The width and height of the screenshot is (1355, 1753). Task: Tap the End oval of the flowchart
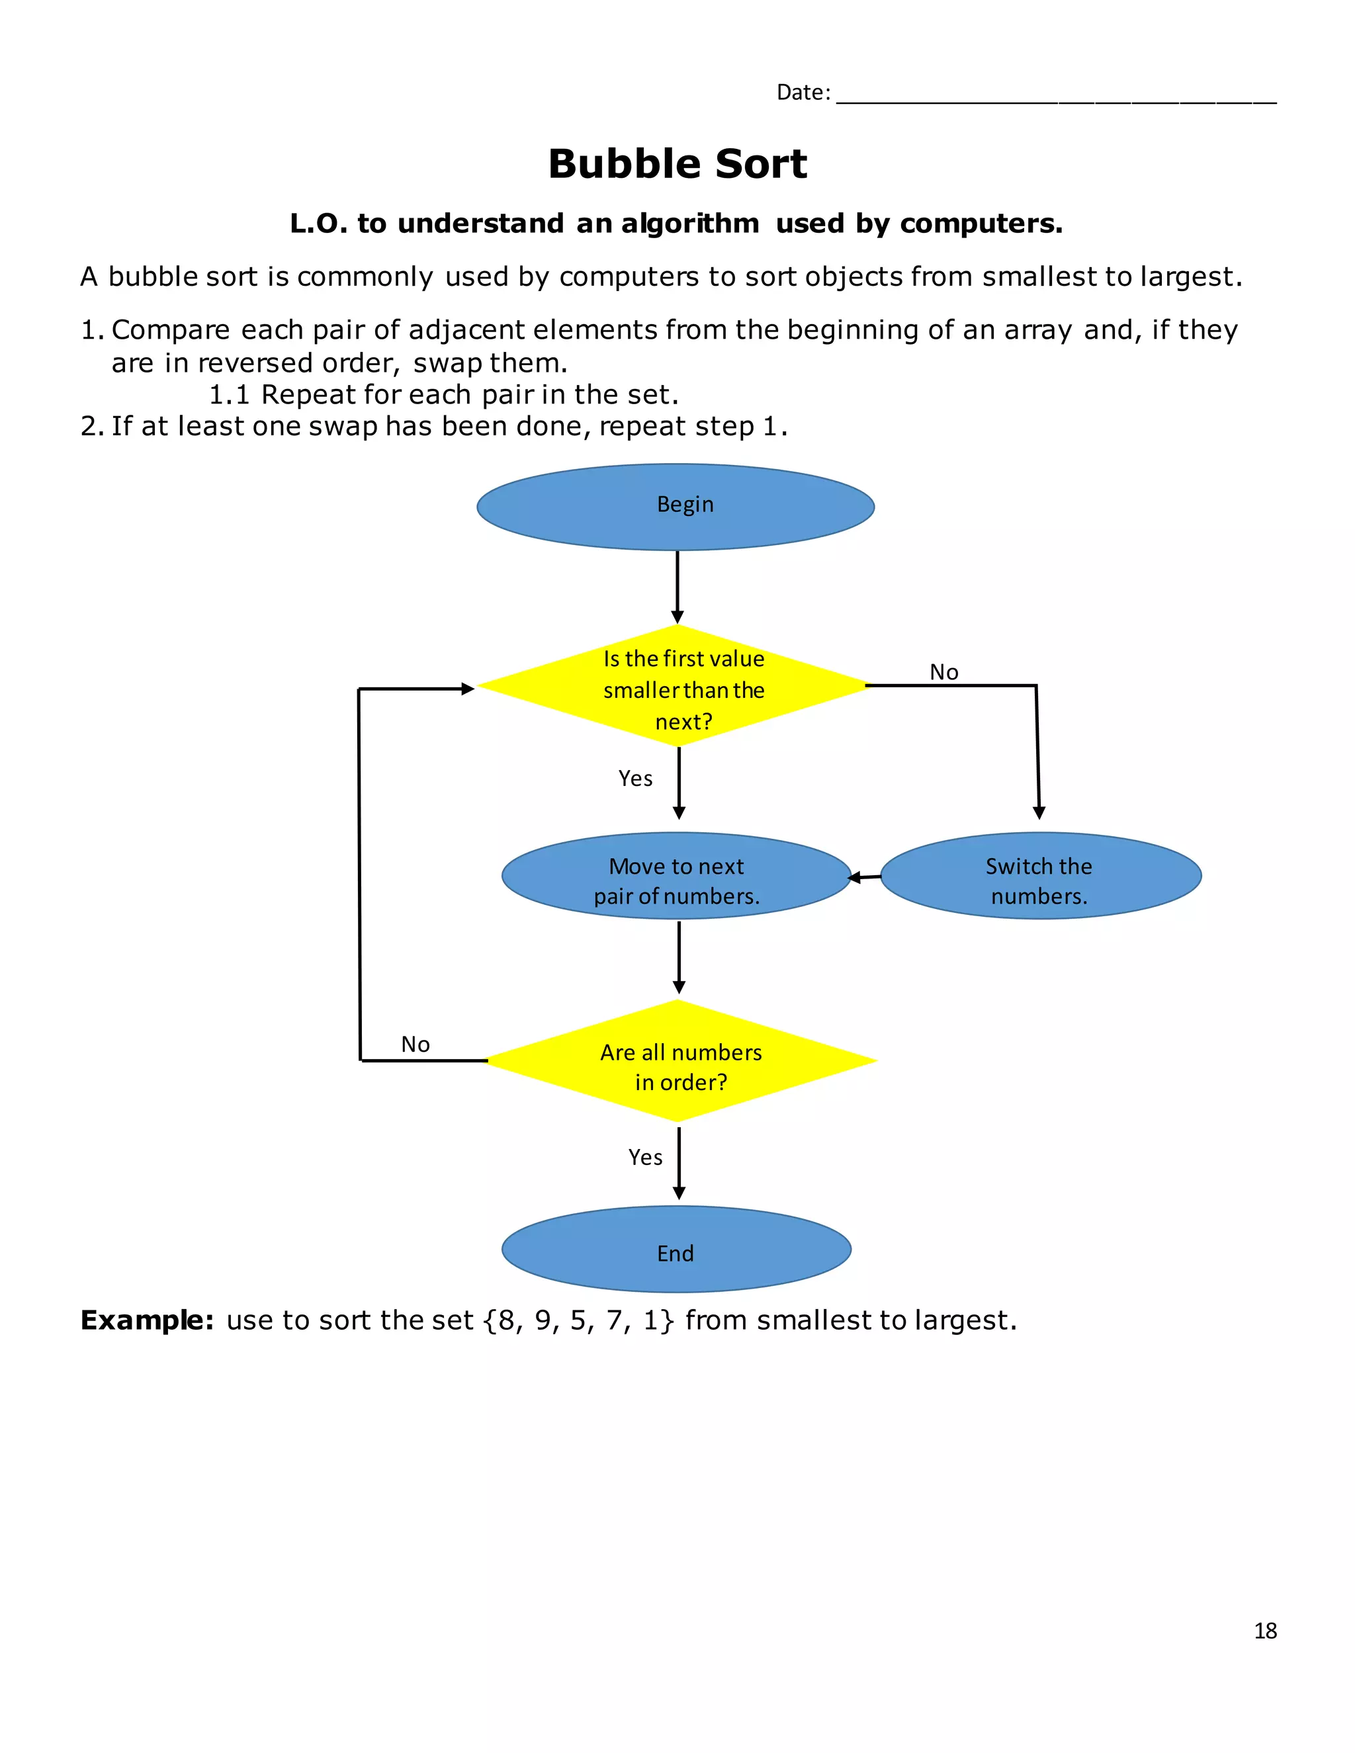pyautogui.click(x=676, y=1249)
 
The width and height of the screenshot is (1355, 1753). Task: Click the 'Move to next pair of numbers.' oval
pyautogui.click(x=676, y=876)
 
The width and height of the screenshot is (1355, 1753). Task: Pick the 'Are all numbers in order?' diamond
pyautogui.click(x=681, y=1060)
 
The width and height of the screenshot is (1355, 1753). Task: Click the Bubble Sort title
pyautogui.click(x=677, y=164)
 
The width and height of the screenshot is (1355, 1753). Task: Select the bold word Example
pyautogui.click(x=147, y=1320)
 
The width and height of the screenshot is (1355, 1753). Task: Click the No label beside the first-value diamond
pyautogui.click(x=944, y=672)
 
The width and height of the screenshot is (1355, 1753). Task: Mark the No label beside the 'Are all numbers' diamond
pyautogui.click(x=415, y=1045)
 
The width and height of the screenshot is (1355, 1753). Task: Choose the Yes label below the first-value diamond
pyautogui.click(x=635, y=778)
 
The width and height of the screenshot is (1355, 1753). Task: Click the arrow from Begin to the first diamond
pyautogui.click(x=677, y=587)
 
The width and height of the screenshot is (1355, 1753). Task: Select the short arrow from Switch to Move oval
pyautogui.click(x=865, y=877)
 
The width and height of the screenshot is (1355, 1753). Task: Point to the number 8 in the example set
pyautogui.click(x=505, y=1320)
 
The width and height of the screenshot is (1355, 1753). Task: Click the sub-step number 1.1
pyautogui.click(x=230, y=395)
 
